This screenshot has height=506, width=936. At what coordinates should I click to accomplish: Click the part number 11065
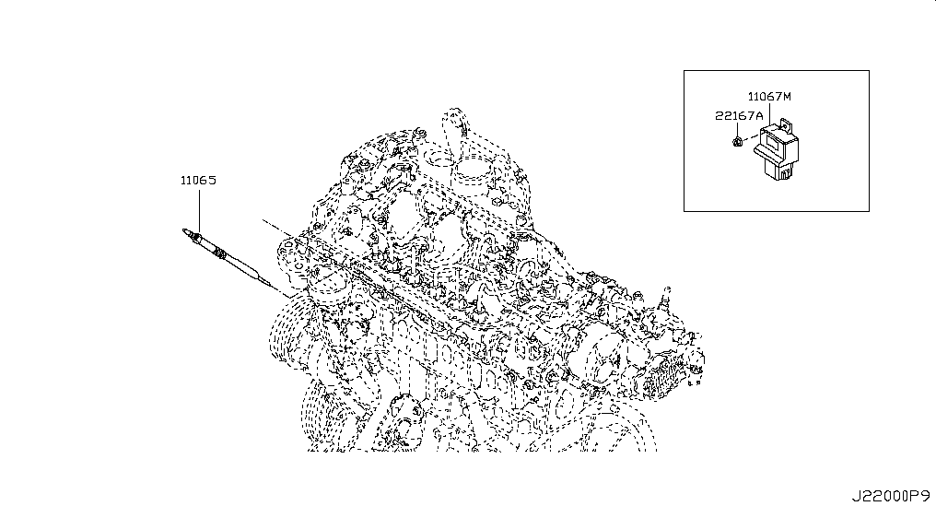[198, 180]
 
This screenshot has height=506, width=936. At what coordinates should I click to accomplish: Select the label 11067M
[769, 96]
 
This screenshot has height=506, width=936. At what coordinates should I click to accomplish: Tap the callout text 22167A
[739, 116]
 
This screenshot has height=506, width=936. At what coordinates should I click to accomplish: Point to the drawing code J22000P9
[890, 496]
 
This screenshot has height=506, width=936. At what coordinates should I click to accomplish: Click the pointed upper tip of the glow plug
[184, 230]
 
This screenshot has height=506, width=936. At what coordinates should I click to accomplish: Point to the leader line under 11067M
[769, 112]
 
